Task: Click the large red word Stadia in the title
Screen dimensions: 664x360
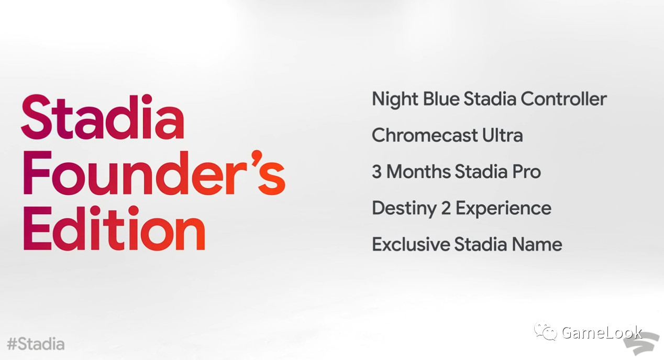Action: click(x=103, y=117)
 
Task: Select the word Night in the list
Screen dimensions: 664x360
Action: click(x=395, y=99)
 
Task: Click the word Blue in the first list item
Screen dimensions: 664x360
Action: click(x=441, y=99)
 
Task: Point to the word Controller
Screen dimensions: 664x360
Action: click(x=563, y=99)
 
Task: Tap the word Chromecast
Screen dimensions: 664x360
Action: click(x=424, y=135)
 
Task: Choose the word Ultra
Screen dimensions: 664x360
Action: click(x=502, y=135)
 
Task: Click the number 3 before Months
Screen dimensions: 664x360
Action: click(x=377, y=172)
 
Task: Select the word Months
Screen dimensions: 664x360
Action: click(x=418, y=172)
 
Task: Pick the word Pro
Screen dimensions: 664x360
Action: click(x=526, y=172)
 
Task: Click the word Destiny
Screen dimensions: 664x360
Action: click(x=404, y=209)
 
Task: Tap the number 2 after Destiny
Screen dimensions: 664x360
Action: click(x=446, y=208)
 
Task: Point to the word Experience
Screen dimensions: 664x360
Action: click(x=503, y=209)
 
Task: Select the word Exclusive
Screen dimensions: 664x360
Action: click(x=411, y=244)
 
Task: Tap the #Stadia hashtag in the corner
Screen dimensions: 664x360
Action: click(x=36, y=344)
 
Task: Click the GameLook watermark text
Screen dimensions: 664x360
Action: click(x=602, y=332)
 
